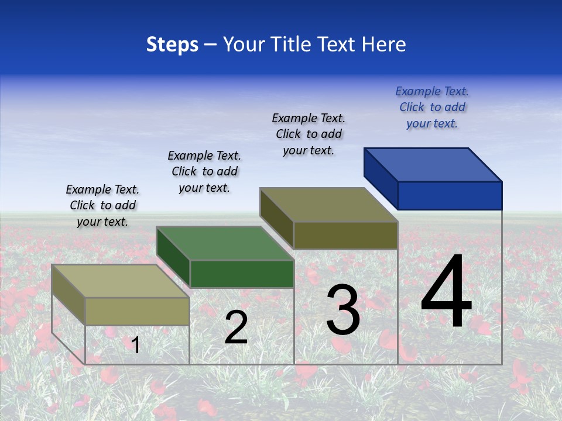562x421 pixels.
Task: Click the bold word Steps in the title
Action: [x=172, y=44]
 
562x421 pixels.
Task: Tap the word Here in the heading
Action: [x=383, y=44]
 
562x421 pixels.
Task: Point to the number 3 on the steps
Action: [x=343, y=309]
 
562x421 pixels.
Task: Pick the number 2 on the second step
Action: [x=236, y=327]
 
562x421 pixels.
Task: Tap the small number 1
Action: [x=136, y=345]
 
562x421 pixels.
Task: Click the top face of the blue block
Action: [x=433, y=164]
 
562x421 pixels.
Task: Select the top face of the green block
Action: [x=225, y=243]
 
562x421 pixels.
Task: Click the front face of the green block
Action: [x=242, y=274]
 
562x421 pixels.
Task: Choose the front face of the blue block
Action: [x=450, y=195]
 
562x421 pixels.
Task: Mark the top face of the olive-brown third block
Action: [x=329, y=205]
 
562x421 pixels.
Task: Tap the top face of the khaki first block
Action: [x=121, y=281]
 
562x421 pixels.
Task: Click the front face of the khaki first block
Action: [x=137, y=311]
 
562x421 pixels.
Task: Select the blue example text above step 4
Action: [x=432, y=108]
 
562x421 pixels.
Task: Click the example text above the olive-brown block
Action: [x=309, y=134]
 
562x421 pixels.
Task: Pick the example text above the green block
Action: [x=204, y=171]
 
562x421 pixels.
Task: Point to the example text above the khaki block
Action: [x=102, y=205]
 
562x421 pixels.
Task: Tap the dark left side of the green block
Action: [x=173, y=254]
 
